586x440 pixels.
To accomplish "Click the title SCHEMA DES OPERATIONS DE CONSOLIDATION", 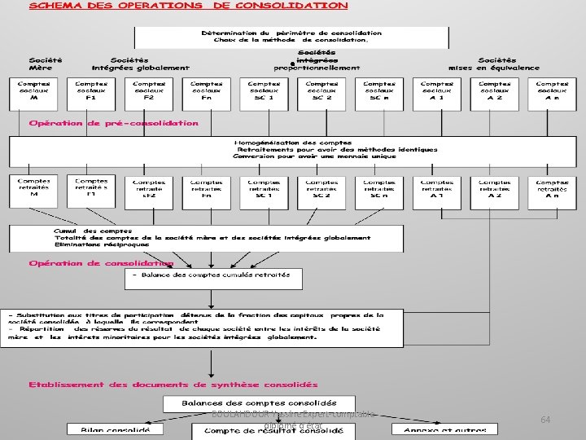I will [189, 6].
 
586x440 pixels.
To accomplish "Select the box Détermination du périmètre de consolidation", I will [291, 37].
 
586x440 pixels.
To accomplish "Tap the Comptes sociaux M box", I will [33, 94].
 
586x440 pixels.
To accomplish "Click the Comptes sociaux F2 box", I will [149, 94].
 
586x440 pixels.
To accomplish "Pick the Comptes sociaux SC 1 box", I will [265, 94].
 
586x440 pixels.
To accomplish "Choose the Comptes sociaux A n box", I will [553, 94].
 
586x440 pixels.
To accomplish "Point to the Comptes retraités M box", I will [33, 191].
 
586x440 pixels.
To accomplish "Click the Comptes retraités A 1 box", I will [437, 191].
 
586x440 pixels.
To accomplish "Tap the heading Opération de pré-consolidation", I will [113, 123].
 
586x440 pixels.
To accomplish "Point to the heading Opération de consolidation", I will [101, 263].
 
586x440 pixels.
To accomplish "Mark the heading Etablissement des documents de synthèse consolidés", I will [173, 384].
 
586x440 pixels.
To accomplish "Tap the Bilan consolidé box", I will [108, 430].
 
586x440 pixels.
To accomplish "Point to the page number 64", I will [545, 419].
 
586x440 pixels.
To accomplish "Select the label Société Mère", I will [46, 64].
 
